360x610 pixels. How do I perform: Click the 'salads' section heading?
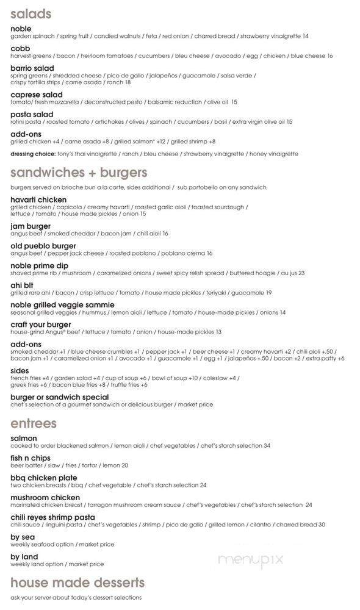[31, 13]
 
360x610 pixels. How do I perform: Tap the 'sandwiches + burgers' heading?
[79, 172]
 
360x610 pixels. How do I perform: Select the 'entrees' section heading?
[33, 423]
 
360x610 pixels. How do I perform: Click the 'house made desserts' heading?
[77, 583]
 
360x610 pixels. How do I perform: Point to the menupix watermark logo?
[250, 559]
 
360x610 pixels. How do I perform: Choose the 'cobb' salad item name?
[21, 48]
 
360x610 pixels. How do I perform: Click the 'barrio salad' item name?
[32, 68]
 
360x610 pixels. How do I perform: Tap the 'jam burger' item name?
[31, 226]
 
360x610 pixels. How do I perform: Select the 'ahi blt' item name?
[23, 285]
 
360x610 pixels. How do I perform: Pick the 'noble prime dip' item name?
[39, 266]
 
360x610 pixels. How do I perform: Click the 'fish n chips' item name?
[30, 458]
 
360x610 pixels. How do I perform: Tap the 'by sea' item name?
[24, 537]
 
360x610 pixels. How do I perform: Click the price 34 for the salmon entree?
[267, 446]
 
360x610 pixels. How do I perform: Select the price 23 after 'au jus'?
[301, 273]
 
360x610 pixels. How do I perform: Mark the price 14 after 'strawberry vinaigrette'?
[305, 36]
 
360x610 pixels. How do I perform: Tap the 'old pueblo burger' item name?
[43, 246]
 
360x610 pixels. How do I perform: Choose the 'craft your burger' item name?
[41, 325]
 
